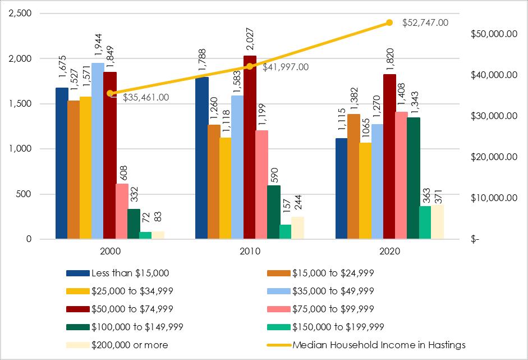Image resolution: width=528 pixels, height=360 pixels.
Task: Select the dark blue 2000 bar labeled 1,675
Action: (62, 163)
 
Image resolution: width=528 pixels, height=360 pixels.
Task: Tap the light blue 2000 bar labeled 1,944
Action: (98, 151)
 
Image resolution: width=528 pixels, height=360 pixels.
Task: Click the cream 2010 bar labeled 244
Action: (297, 228)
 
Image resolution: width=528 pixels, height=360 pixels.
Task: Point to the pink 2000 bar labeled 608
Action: (122, 211)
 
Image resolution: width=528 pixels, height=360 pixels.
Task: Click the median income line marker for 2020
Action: (389, 23)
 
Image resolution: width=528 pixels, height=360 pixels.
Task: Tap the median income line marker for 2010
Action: (250, 66)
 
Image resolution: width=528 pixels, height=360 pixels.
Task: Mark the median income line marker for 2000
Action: (110, 93)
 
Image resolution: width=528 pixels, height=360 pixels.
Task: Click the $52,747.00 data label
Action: (425, 23)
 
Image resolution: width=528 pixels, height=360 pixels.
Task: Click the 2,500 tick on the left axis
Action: (20, 13)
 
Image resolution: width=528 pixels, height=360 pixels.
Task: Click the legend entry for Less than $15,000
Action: (130, 273)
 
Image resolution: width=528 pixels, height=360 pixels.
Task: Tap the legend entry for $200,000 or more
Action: (129, 345)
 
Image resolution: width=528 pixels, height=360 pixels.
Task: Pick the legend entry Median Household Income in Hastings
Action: (379, 345)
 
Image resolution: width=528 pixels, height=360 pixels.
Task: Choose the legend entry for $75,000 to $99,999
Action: (333, 309)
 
